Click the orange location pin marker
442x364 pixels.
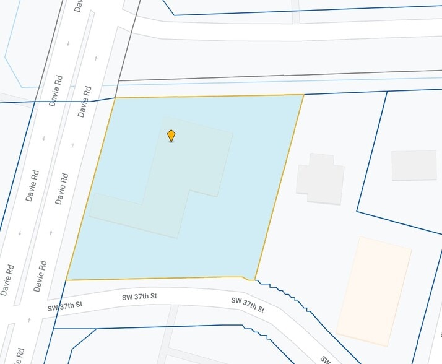pos(171,135)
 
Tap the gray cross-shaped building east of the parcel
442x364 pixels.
pos(319,179)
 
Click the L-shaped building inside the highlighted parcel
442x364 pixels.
pos(167,180)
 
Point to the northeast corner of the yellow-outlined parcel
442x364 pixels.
pos(303,95)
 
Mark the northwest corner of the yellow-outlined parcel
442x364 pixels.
pos(115,97)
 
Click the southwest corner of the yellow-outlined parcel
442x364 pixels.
pos(66,280)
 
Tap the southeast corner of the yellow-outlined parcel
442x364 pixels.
pos(254,280)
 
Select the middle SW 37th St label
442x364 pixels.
pos(139,297)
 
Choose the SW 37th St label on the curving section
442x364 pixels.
pos(248,305)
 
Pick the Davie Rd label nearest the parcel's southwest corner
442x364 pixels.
pos(40,276)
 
